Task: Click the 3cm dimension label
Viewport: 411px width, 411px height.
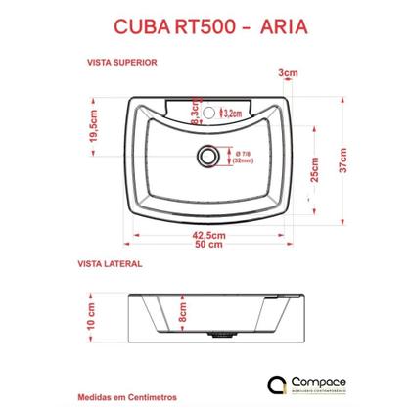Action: (288, 73)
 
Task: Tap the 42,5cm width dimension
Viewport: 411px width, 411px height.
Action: (203, 235)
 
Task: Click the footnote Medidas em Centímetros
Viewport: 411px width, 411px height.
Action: (130, 399)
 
